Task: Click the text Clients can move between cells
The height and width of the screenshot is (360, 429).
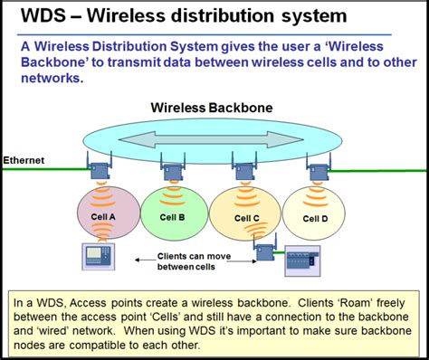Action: tap(192, 261)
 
